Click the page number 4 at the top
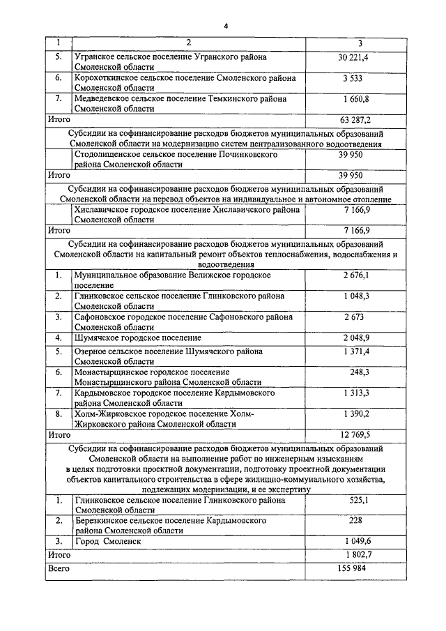226,26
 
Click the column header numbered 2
188,43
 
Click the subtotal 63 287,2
355,119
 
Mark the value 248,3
360,372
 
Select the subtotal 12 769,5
355,434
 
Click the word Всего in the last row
59,568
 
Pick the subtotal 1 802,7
355,554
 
